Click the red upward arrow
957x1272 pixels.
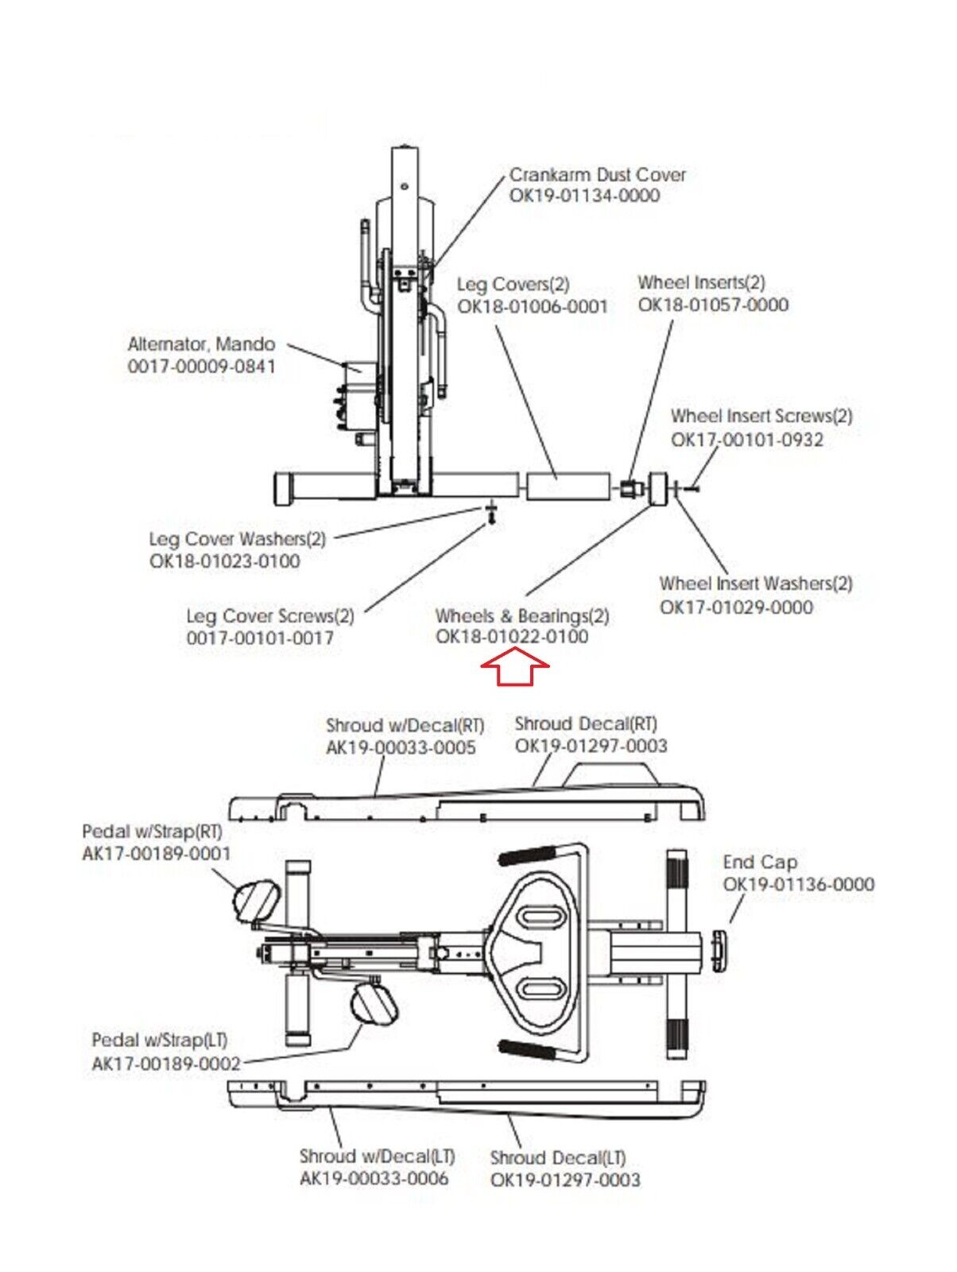[x=515, y=667]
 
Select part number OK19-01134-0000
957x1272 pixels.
[x=584, y=196]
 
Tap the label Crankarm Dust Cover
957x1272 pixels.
[x=597, y=174]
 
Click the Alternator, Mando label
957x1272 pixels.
[x=201, y=344]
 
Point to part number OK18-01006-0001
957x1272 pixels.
[x=533, y=306]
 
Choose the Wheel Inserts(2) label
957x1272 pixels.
[x=702, y=283]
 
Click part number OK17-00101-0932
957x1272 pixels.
[x=746, y=440]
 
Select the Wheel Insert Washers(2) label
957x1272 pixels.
[x=756, y=584]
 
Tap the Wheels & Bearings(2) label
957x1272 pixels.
[x=522, y=615]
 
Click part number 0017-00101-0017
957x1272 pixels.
[x=260, y=638]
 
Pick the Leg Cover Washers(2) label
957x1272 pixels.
[x=238, y=540]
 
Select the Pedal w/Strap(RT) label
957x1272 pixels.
[x=153, y=832]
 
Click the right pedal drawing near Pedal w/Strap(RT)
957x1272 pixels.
[x=257, y=900]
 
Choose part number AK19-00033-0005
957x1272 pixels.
[x=401, y=747]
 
